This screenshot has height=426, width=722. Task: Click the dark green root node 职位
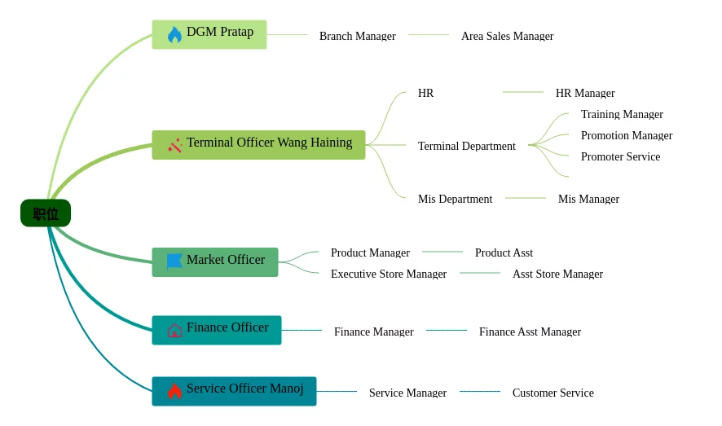(x=46, y=213)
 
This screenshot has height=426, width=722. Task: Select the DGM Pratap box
(x=209, y=34)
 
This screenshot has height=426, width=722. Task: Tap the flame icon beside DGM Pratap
(x=174, y=34)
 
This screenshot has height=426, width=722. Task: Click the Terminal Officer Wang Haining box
(x=258, y=145)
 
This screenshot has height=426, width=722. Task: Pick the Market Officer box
(x=215, y=262)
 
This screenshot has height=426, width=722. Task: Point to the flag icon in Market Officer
(x=174, y=261)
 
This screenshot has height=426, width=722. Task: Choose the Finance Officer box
(x=217, y=330)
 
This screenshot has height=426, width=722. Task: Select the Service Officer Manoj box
(x=234, y=391)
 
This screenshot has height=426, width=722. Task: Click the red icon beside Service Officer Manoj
(x=174, y=391)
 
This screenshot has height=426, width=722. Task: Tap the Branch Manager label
(x=357, y=36)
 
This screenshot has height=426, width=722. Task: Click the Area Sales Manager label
(x=507, y=36)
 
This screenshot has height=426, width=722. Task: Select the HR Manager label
(x=585, y=93)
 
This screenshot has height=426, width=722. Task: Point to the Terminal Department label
(x=466, y=146)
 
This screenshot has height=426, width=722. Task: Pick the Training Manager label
(x=622, y=114)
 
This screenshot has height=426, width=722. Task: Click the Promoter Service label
(x=620, y=156)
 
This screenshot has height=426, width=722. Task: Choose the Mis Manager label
(x=588, y=199)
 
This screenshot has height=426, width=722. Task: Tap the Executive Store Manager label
(x=388, y=274)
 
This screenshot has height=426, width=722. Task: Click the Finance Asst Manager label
(x=530, y=332)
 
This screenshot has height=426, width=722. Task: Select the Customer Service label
(x=553, y=393)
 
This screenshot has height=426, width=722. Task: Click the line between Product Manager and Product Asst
(x=442, y=252)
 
